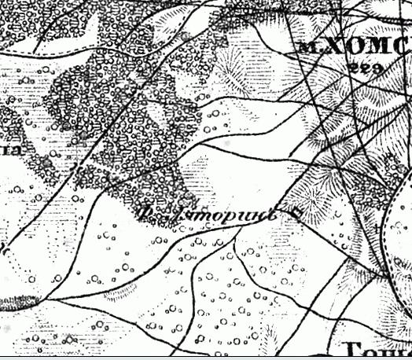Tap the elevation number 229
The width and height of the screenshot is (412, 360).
pyautogui.click(x=365, y=69)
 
